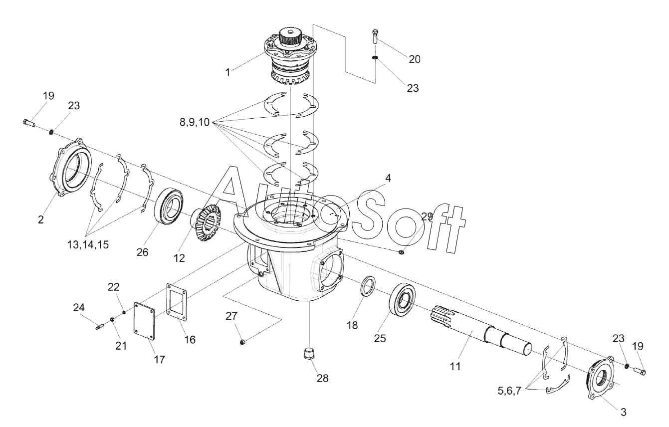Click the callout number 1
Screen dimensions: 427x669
[x=227, y=72]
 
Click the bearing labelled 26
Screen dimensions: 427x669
[x=170, y=205]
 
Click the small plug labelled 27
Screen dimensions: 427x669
[x=241, y=342]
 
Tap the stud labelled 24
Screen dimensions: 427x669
[x=98, y=327]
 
